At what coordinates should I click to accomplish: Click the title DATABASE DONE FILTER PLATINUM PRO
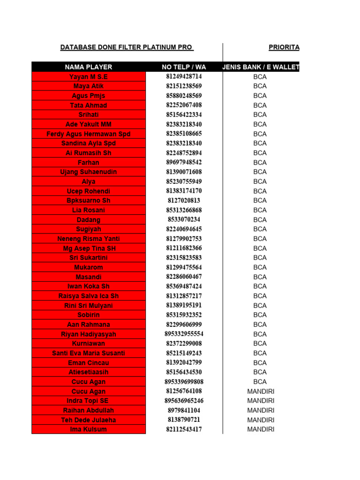[127, 47]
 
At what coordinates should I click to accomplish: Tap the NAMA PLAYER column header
[89, 67]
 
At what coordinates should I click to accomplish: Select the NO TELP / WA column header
[184, 67]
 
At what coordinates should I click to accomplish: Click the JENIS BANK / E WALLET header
[261, 67]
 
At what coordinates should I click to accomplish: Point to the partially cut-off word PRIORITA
[284, 47]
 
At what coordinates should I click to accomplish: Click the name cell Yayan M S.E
[89, 76]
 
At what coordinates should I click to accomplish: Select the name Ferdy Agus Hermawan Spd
[89, 134]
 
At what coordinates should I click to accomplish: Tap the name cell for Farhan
[89, 163]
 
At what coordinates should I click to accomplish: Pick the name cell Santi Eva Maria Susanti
[89, 353]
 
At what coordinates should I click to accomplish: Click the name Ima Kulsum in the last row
[89, 429]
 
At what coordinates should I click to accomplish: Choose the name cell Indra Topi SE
[89, 401]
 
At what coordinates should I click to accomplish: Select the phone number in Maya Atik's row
[184, 86]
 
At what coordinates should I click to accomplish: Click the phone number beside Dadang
[184, 220]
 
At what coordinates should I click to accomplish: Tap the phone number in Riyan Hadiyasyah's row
[184, 334]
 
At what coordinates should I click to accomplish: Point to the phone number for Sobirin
[184, 315]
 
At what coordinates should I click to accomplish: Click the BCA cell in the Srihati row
[260, 115]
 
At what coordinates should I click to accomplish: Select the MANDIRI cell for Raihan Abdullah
[261, 410]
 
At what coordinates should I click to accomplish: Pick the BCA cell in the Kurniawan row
[260, 344]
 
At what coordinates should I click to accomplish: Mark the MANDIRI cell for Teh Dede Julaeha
[261, 420]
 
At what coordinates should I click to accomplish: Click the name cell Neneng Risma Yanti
[89, 239]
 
